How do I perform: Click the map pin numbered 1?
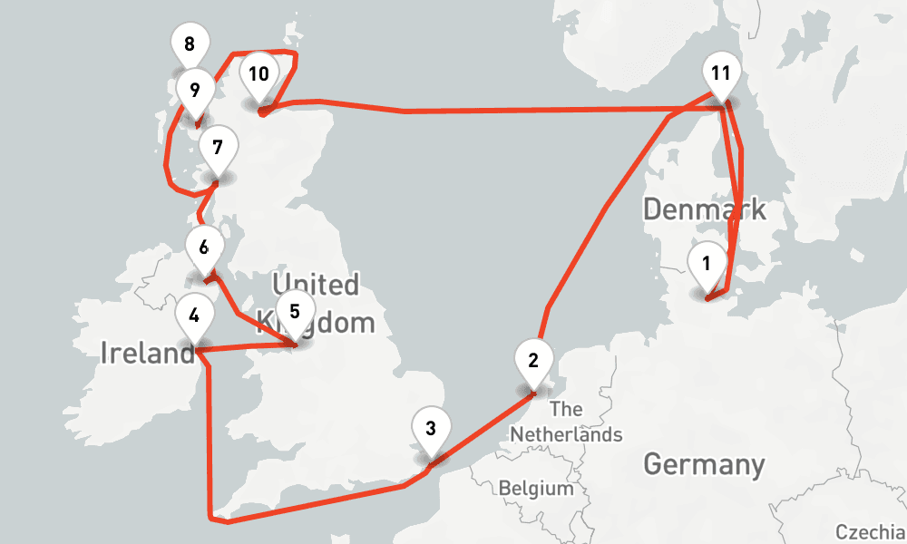pyautogui.click(x=707, y=265)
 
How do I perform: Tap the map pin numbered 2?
pyautogui.click(x=533, y=361)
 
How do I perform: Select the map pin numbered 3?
pyautogui.click(x=431, y=429)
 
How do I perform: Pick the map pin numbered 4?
pyautogui.click(x=194, y=316)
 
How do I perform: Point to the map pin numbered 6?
pyautogui.click(x=204, y=248)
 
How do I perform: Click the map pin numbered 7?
pyautogui.click(x=217, y=148)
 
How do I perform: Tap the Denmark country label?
pyautogui.click(x=704, y=209)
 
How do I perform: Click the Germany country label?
pyautogui.click(x=704, y=465)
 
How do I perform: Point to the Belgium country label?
pyautogui.click(x=536, y=489)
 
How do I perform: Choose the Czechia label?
pyautogui.click(x=870, y=532)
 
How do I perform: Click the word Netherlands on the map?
pyautogui.click(x=566, y=434)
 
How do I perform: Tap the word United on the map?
pyautogui.click(x=315, y=285)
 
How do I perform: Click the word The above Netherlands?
pyautogui.click(x=566, y=409)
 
